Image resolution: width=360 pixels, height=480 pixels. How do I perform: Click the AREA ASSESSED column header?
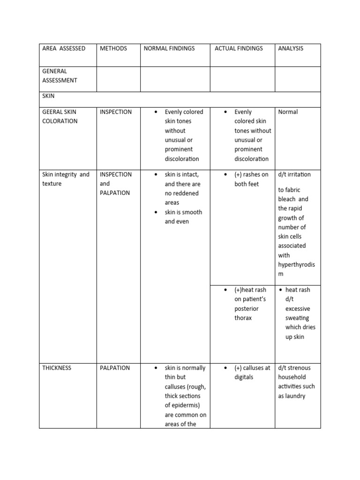click(x=64, y=48)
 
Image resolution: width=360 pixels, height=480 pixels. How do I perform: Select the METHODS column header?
click(x=113, y=48)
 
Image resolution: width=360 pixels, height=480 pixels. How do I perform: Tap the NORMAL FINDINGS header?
click(x=169, y=48)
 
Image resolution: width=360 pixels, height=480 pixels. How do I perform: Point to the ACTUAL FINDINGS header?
click(x=239, y=48)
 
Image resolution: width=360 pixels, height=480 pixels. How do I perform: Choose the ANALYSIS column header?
click(x=291, y=48)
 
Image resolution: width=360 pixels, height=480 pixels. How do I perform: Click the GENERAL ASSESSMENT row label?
click(x=60, y=75)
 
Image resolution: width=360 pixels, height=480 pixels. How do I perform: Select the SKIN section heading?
click(x=48, y=96)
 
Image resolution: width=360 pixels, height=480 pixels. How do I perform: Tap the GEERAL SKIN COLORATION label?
click(x=60, y=116)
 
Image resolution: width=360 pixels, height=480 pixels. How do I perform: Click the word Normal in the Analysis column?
click(x=288, y=112)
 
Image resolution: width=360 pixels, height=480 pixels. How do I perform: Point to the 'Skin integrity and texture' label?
click(x=66, y=179)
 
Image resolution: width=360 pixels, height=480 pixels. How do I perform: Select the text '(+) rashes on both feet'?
click(x=251, y=179)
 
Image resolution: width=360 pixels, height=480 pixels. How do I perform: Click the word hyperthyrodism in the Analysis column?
click(x=296, y=269)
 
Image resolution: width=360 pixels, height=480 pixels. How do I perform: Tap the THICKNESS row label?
click(x=57, y=368)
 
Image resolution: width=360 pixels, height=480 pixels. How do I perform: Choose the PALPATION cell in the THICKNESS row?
click(x=114, y=368)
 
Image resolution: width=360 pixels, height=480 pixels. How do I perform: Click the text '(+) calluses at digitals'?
click(x=252, y=372)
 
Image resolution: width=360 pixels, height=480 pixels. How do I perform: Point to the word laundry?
click(x=291, y=396)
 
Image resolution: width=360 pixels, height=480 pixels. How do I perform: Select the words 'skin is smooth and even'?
click(x=183, y=217)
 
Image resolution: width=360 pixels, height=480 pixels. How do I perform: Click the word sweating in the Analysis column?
click(x=297, y=318)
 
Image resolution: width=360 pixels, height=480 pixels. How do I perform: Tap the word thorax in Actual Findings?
click(x=243, y=318)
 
